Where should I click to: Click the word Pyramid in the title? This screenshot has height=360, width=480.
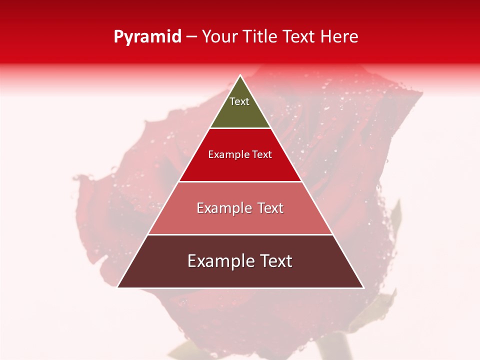tap(147, 37)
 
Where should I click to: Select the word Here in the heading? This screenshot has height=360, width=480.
tap(339, 37)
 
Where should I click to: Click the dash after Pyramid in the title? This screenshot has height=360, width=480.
tap(191, 37)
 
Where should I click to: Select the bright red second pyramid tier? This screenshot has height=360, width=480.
tap(240, 167)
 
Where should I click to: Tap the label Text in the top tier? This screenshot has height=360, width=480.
tap(239, 101)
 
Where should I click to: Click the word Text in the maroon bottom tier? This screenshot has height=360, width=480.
tap(275, 261)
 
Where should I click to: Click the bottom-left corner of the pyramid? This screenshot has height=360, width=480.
tap(118, 287)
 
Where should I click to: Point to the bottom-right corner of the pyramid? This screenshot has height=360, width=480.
tap(363, 287)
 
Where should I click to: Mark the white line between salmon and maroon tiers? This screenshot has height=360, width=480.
tap(240, 234)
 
